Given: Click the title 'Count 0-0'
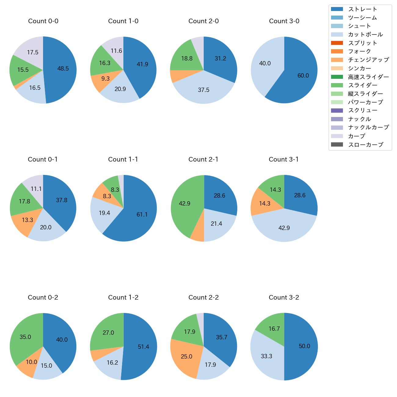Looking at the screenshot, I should tap(43, 21).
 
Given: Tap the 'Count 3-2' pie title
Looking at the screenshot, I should tap(284, 297).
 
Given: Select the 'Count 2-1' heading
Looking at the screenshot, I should tap(203, 159).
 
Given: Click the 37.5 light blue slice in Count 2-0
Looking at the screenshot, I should tap(204, 89).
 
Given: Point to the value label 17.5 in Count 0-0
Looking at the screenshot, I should tap(33, 53).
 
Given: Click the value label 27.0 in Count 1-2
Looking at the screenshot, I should tap(108, 333).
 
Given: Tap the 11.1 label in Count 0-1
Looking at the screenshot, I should tap(36, 189).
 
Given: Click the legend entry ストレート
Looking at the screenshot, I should tap(362, 9).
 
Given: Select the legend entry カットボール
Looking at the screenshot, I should tap(365, 35).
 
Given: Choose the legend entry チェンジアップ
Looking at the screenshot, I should tap(368, 60).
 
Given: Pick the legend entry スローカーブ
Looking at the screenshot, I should tap(366, 145).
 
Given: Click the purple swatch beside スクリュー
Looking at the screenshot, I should tap(337, 111).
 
